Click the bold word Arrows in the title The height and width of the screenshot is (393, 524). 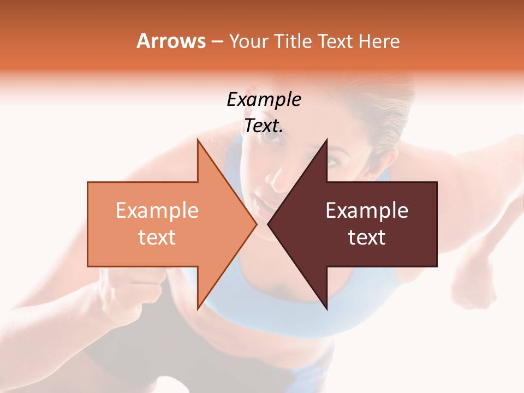pyautogui.click(x=171, y=41)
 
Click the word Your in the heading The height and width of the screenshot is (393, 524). pyautogui.click(x=248, y=41)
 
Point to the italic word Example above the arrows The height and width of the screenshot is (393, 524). pyautogui.click(x=264, y=99)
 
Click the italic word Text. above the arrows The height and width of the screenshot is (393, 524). pyautogui.click(x=264, y=126)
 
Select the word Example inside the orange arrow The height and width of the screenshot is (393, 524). pyautogui.click(x=157, y=210)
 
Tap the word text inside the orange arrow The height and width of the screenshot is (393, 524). pyautogui.click(x=157, y=237)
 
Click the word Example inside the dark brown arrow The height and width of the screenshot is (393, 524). pyautogui.click(x=367, y=210)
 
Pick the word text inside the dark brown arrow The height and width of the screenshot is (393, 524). pyautogui.click(x=367, y=237)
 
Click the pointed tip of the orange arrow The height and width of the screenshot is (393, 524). pyautogui.click(x=256, y=224)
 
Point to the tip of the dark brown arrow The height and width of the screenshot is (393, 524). pyautogui.click(x=269, y=224)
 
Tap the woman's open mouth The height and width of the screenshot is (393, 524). pyautogui.click(x=264, y=206)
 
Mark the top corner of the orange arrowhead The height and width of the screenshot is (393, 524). pyautogui.click(x=198, y=140)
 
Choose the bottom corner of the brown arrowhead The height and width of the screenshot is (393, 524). pyautogui.click(x=327, y=309)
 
